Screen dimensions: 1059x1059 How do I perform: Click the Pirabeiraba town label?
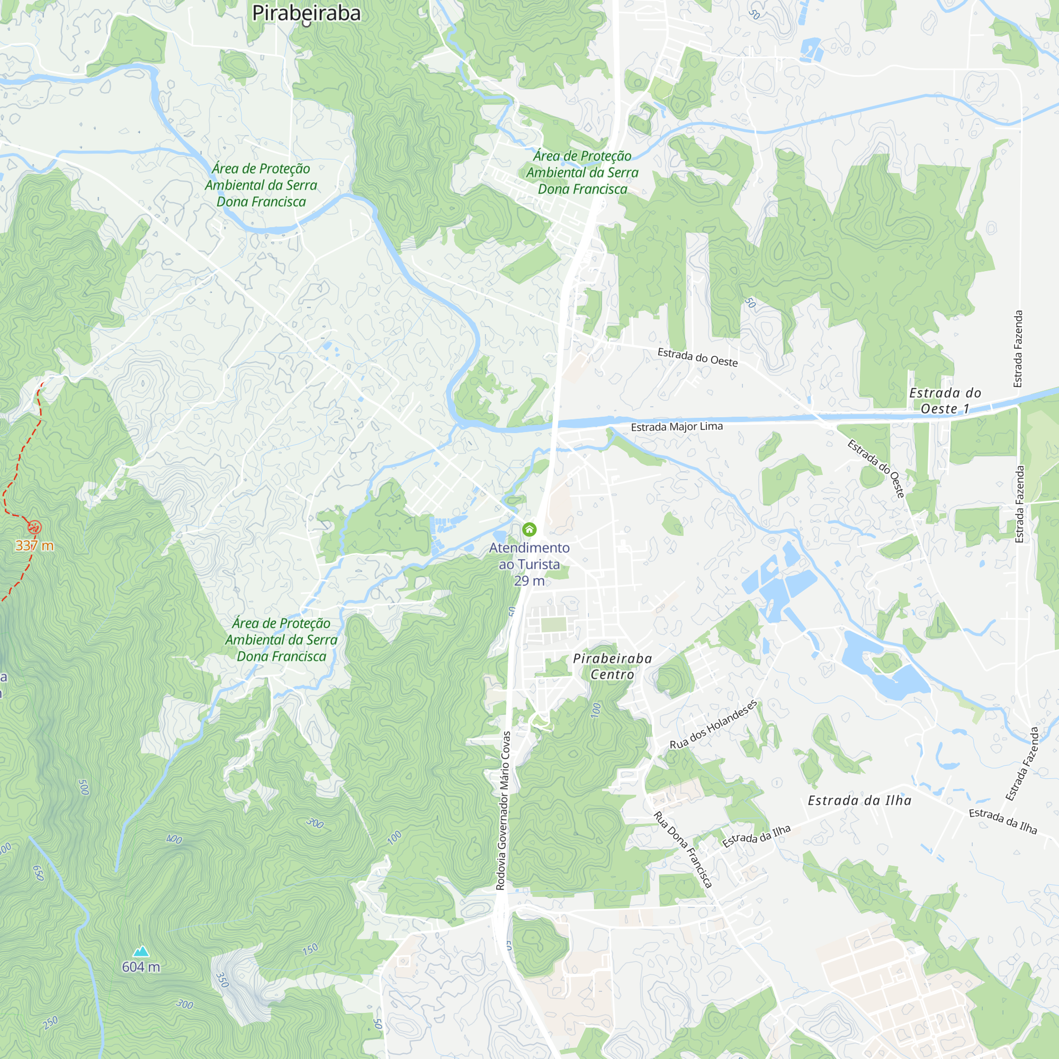click(307, 13)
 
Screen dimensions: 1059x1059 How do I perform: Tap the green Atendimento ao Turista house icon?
click(529, 529)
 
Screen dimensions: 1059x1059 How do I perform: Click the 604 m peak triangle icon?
click(141, 951)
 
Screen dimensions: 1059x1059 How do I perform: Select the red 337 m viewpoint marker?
click(34, 527)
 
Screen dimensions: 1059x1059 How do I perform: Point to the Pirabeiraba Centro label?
click(612, 666)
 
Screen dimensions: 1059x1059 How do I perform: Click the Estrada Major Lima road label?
click(676, 426)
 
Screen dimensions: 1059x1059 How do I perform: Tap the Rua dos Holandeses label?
click(713, 725)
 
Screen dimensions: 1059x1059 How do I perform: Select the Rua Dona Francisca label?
click(683, 850)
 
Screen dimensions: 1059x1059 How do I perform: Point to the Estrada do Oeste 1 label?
click(945, 401)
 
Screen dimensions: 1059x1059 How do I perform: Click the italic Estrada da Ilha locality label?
click(859, 801)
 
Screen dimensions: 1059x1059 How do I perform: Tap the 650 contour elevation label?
click(38, 873)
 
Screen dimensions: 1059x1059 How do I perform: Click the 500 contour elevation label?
click(84, 787)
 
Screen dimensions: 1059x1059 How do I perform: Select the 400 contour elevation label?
click(174, 839)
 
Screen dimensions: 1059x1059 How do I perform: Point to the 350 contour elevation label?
click(222, 980)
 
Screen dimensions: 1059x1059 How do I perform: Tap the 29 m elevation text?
click(529, 581)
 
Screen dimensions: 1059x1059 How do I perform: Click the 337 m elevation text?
click(34, 545)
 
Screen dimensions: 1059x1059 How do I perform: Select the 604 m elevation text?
click(141, 967)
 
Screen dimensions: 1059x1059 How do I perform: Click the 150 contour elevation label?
click(310, 949)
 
